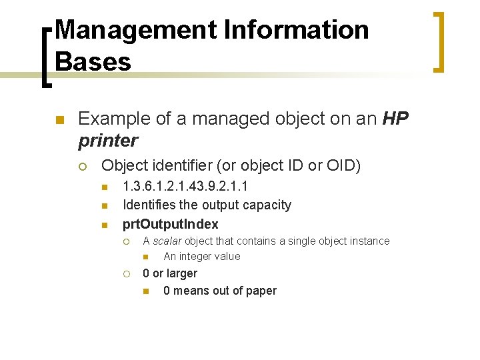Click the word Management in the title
pos(133,31)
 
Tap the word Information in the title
pos(293,31)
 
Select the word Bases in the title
pos(93,62)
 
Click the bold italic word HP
pos(396,119)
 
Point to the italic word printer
pos(108,141)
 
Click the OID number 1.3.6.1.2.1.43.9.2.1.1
pos(186,187)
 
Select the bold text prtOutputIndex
pos(171,224)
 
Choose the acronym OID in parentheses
pos(346,165)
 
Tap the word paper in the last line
pos(261,291)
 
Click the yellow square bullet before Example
pos(59,121)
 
